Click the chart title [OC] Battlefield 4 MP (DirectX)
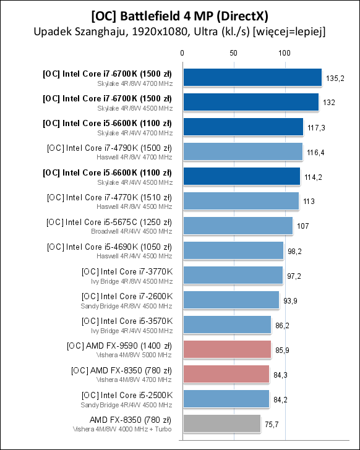pyautogui.click(x=180, y=16)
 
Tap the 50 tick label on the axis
pyautogui.click(x=233, y=53)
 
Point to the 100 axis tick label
pyautogui.click(x=285, y=53)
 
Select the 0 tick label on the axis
pyautogui.click(x=182, y=53)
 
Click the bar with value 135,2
pyautogui.click(x=252, y=77)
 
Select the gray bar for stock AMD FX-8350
pyautogui.click(x=222, y=423)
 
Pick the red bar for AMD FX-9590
pyautogui.click(x=228, y=349)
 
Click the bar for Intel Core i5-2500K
pyautogui.click(x=226, y=399)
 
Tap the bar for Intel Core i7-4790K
pyautogui.click(x=243, y=151)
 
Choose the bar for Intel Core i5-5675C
pyautogui.click(x=238, y=226)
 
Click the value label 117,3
pyautogui.click(x=316, y=128)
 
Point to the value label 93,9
pyautogui.click(x=290, y=301)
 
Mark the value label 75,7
pyautogui.click(x=272, y=425)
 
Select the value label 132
pyautogui.click(x=329, y=103)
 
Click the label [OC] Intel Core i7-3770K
pyautogui.click(x=127, y=271)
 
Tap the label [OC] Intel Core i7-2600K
pyautogui.click(x=127, y=296)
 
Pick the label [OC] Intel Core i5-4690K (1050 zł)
pyautogui.click(x=109, y=247)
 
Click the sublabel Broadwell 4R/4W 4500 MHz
pyautogui.click(x=132, y=231)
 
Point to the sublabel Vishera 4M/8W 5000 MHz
pyautogui.click(x=134, y=355)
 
